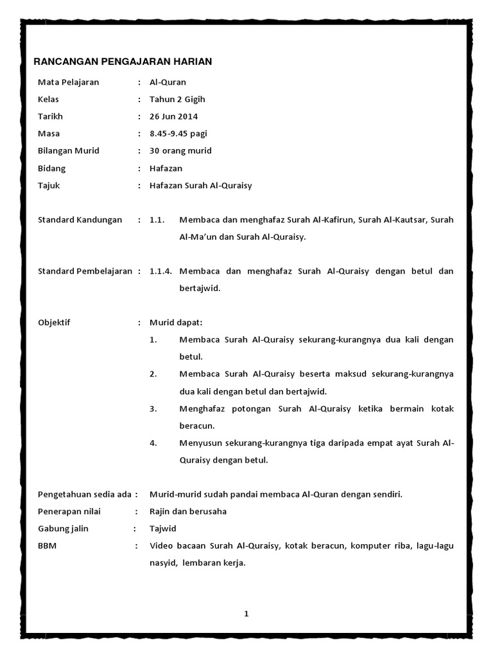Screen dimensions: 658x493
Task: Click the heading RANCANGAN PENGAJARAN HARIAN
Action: (123, 62)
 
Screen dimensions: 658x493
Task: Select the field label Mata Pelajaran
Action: (68, 82)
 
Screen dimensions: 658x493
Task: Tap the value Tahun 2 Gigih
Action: (177, 100)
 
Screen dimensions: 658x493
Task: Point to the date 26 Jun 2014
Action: (173, 116)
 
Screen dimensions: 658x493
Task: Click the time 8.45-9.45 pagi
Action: (178, 134)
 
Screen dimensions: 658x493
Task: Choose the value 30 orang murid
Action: (180, 151)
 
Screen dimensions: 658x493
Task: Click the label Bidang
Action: (52, 168)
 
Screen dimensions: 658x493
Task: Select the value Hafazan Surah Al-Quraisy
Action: (201, 186)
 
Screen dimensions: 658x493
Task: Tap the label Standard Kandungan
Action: (80, 220)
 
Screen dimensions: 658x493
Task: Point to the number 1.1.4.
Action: (160, 271)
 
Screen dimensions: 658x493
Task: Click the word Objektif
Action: (55, 323)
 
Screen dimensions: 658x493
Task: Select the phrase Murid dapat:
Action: (175, 323)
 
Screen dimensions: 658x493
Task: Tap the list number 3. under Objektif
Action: (153, 409)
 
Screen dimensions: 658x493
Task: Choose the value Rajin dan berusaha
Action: (188, 511)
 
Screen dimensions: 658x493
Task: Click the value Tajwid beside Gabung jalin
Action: (162, 529)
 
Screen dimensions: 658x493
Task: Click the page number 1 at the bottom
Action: (246, 614)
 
